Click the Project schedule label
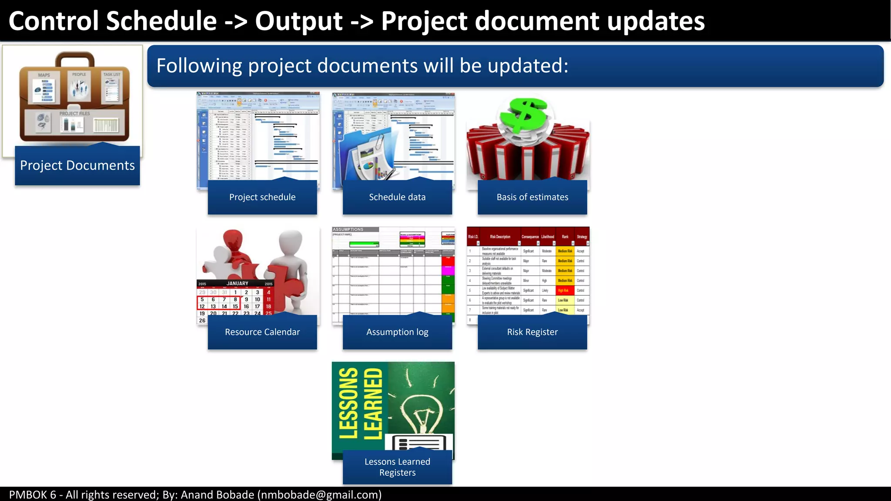click(262, 197)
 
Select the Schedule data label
click(397, 197)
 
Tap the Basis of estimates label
click(532, 197)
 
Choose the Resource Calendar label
click(262, 332)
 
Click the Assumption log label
click(397, 332)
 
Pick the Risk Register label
click(532, 332)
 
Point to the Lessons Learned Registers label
click(397, 467)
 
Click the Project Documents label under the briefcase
click(77, 165)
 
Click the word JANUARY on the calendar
click(237, 283)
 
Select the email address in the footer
click(320, 494)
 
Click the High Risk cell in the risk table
click(563, 291)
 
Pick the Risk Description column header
click(500, 237)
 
